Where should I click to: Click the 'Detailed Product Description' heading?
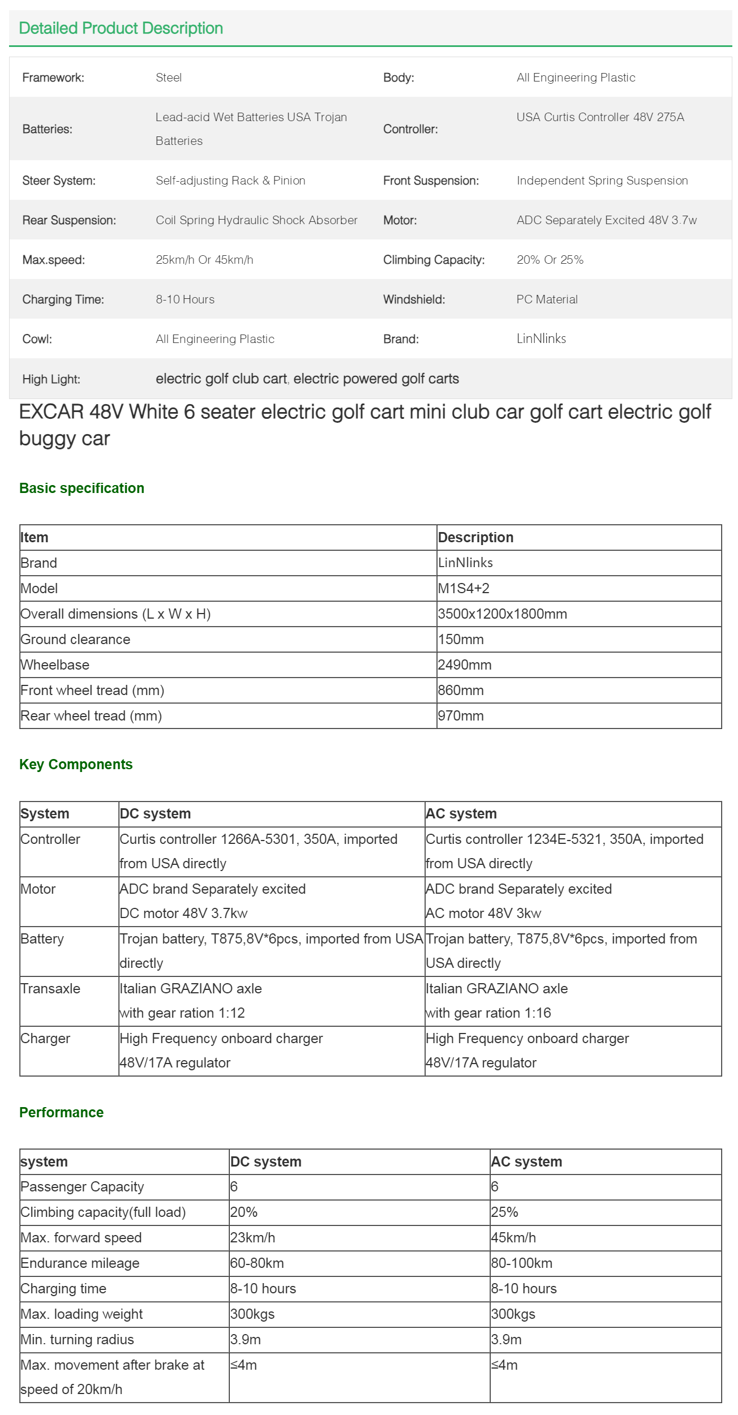coord(121,28)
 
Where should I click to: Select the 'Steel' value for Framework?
coord(169,78)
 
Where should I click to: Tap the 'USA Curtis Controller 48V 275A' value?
coord(600,117)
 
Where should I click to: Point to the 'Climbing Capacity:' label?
coord(434,260)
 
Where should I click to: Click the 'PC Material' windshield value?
coord(547,299)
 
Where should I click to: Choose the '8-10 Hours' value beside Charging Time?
coord(185,299)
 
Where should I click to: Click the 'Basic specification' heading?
coord(81,488)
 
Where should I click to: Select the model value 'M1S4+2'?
coord(464,588)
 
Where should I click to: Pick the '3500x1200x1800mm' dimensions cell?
coord(502,614)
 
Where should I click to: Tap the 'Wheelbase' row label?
coord(55,664)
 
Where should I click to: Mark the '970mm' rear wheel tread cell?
coord(461,715)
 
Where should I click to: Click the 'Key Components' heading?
coord(76,764)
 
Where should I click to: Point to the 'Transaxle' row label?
coord(50,988)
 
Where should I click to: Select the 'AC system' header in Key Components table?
coord(461,813)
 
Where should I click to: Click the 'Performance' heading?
coord(61,1112)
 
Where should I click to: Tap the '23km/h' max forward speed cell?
coord(252,1238)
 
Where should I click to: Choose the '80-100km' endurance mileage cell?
coord(521,1263)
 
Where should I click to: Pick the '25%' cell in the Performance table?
coord(504,1212)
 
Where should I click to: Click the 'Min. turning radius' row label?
coord(77,1340)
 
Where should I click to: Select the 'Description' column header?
coord(475,537)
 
